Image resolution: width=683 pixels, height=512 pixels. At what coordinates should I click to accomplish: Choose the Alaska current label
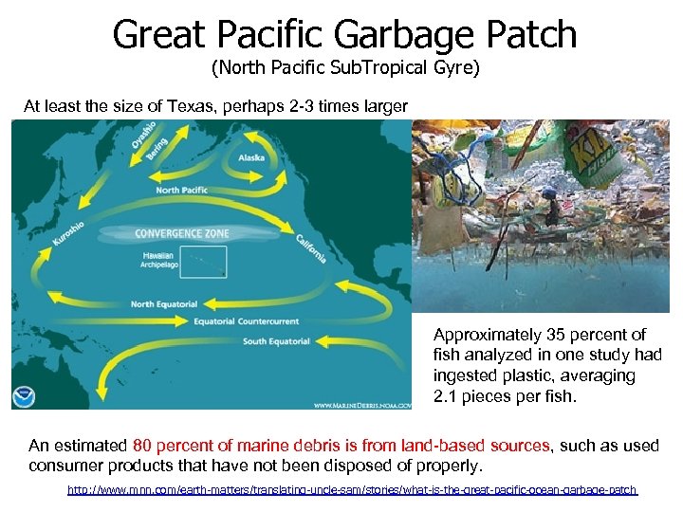(251, 157)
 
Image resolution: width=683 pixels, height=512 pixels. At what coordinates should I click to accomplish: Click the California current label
(311, 247)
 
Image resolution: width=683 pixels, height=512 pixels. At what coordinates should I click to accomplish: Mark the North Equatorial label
(164, 303)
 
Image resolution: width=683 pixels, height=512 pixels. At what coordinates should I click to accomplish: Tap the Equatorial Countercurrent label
(246, 320)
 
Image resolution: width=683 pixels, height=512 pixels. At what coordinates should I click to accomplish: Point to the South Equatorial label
(275, 341)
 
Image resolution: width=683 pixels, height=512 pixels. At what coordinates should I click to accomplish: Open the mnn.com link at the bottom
(352, 490)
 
